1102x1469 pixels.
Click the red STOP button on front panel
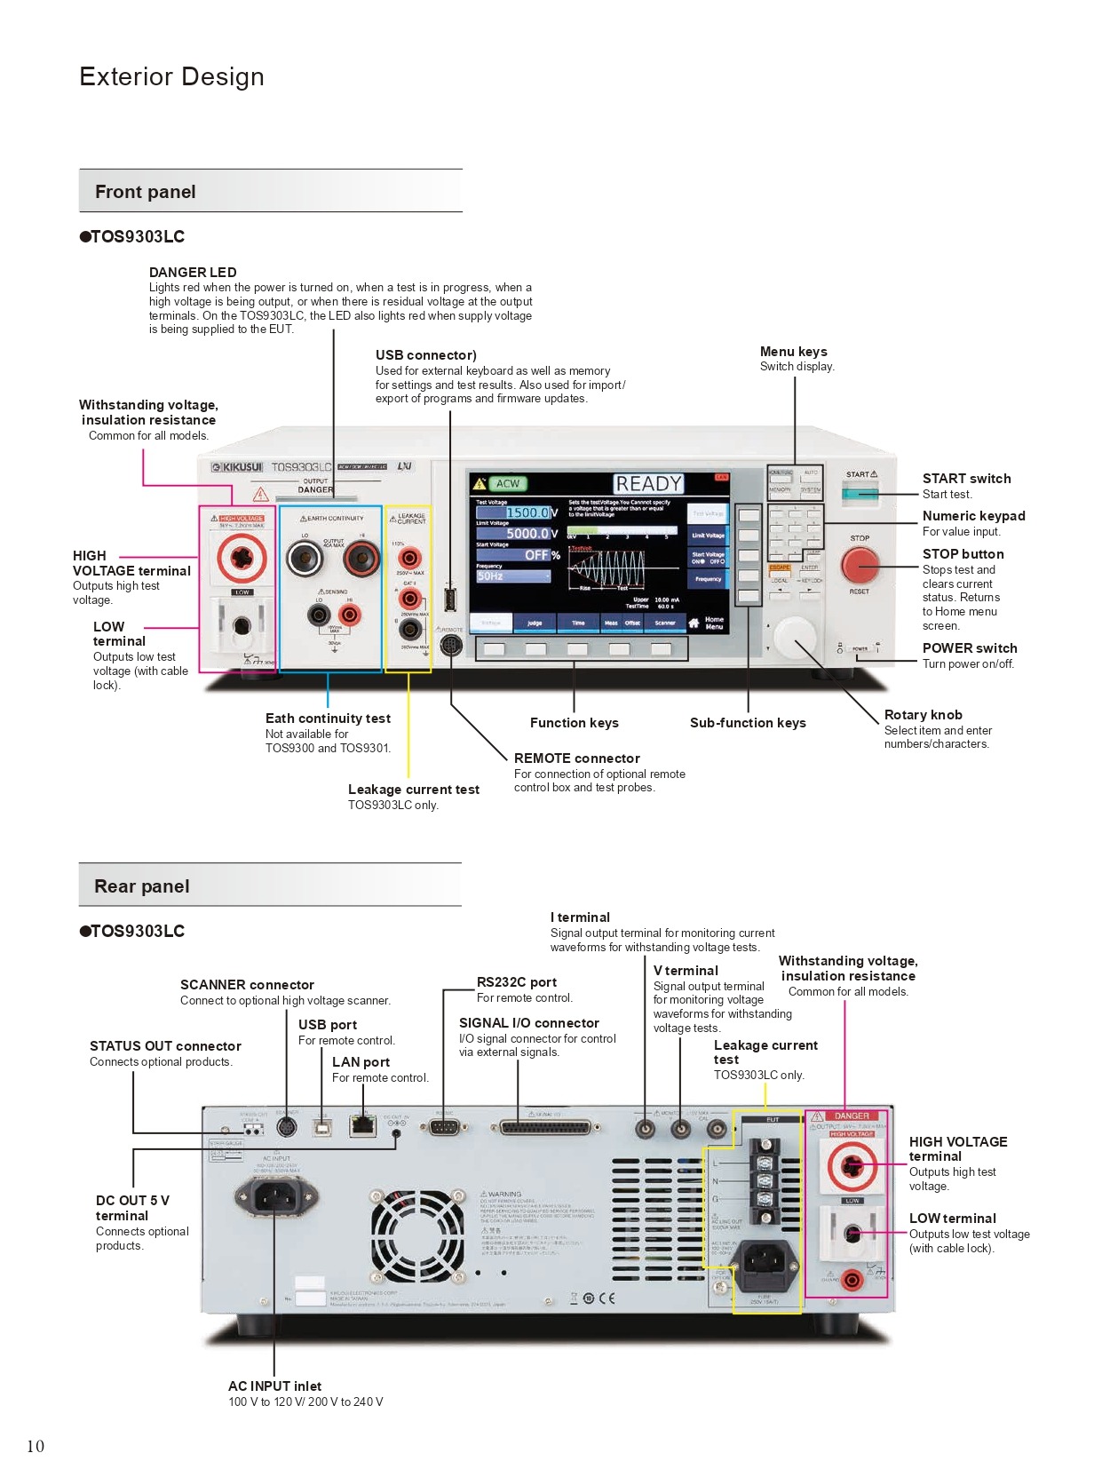(x=860, y=564)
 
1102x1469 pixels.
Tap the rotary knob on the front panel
(x=794, y=636)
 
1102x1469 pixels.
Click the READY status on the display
(x=649, y=483)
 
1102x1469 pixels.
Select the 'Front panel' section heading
(x=146, y=192)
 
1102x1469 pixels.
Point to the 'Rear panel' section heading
(x=142, y=886)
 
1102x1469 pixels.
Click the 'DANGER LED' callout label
(x=193, y=273)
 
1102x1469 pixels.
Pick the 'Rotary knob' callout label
(x=923, y=715)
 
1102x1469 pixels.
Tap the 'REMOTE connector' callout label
(x=576, y=758)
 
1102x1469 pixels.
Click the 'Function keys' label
(x=574, y=723)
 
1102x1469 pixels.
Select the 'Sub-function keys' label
(x=748, y=723)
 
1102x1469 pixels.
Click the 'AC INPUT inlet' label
(x=274, y=1386)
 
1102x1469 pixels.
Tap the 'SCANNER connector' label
(x=247, y=985)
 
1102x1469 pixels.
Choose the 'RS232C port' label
(x=517, y=982)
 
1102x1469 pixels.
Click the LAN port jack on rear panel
(x=362, y=1125)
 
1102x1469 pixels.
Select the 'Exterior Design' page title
(x=171, y=76)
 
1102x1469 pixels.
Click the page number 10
(x=36, y=1446)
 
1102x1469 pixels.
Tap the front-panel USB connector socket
(x=450, y=600)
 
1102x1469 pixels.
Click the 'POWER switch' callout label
(x=970, y=648)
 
